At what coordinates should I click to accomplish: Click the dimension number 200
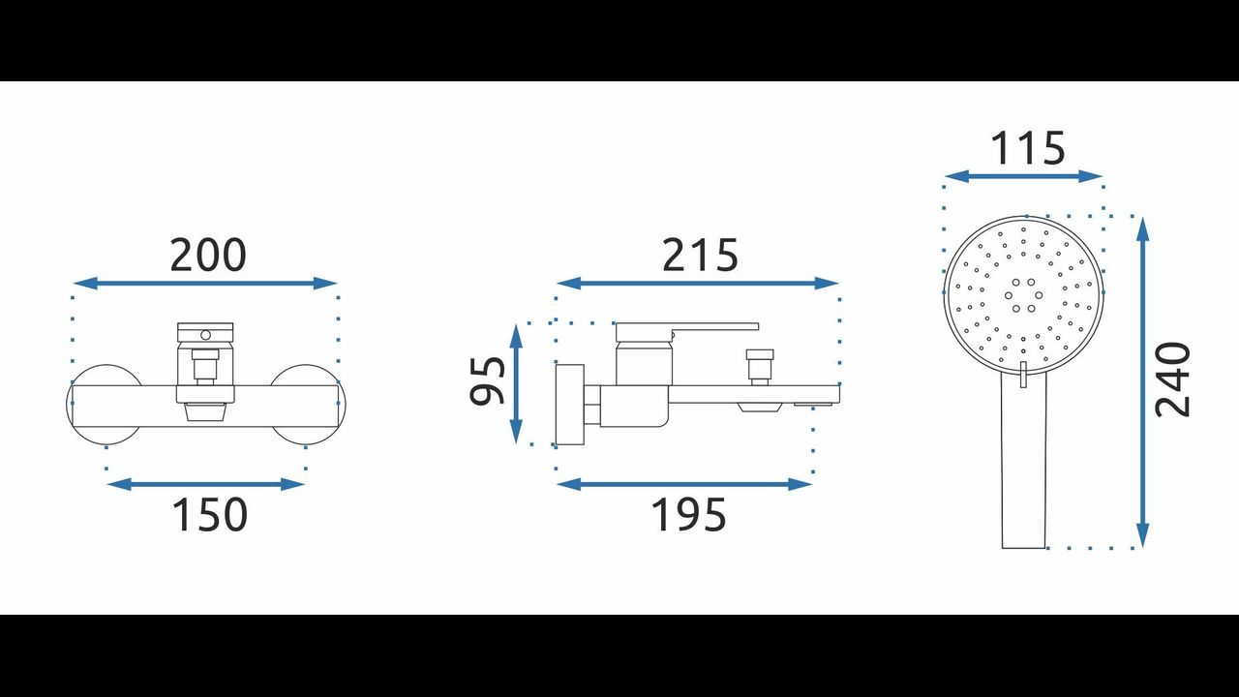pyautogui.click(x=207, y=255)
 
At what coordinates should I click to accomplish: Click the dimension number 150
pyautogui.click(x=210, y=514)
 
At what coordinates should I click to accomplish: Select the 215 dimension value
pyautogui.click(x=700, y=255)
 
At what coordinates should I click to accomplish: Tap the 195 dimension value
pyautogui.click(x=688, y=514)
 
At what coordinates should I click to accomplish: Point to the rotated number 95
pyautogui.click(x=487, y=381)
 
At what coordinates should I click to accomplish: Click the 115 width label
pyautogui.click(x=1027, y=148)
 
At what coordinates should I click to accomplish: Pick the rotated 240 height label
pyautogui.click(x=1172, y=379)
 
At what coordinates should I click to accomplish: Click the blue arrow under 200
pyautogui.click(x=205, y=284)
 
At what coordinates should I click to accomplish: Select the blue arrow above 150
pyautogui.click(x=205, y=485)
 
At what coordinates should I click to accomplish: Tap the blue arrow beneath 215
pyautogui.click(x=698, y=284)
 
